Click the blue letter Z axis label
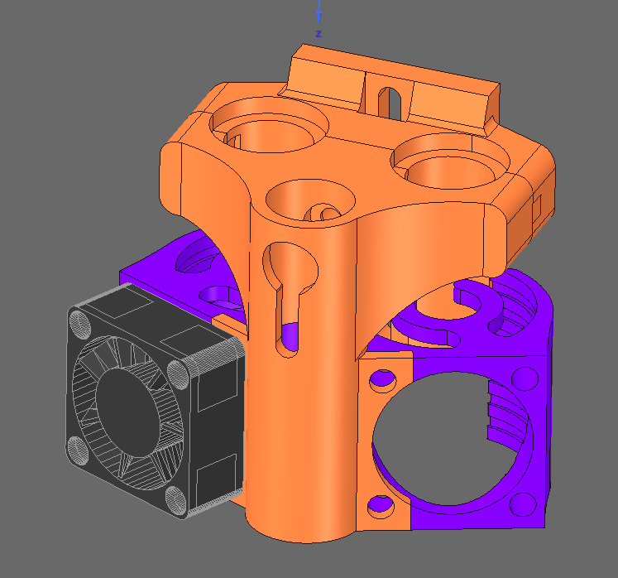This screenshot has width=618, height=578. pos(319,34)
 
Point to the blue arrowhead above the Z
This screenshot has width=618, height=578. pos(319,17)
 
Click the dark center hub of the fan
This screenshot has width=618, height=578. pos(127,407)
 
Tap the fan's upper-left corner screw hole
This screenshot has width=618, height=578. pos(80,325)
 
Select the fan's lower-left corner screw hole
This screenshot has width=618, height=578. pos(78,450)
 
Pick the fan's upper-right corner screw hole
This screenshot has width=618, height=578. pos(178,374)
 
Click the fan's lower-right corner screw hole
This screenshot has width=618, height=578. pos(175,501)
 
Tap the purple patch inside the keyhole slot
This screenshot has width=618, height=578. pos(290,336)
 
